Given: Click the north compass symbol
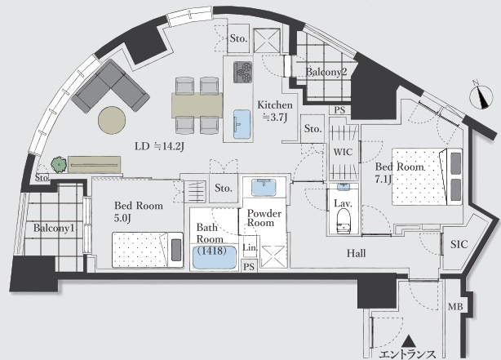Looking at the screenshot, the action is [481, 97].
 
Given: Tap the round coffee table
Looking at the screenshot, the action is [112, 120].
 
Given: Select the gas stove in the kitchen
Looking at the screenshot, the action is [242, 73].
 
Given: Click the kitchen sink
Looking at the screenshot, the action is [242, 124].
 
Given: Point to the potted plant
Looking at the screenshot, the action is [59, 165].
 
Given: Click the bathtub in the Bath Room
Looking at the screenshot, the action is [214, 256].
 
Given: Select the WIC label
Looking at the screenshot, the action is [344, 152].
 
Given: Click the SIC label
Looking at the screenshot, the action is [459, 245].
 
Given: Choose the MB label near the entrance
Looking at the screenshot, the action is [455, 307].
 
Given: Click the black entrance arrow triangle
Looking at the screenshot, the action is [409, 341].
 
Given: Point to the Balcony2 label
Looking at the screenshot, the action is [326, 72].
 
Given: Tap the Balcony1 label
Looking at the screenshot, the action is [54, 228].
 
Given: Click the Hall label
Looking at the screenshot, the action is [357, 254].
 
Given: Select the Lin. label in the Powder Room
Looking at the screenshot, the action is [250, 247].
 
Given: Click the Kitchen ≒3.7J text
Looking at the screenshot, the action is [275, 111].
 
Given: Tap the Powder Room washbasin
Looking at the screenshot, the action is [264, 188].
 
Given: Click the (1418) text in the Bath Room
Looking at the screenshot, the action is [211, 251].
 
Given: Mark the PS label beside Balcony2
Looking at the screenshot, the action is [339, 110].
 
